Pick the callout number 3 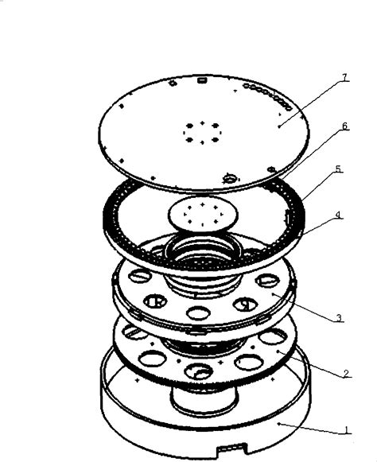(x=339, y=318)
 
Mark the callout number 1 (x=346, y=431)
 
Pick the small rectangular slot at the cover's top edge (x=203, y=80)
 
